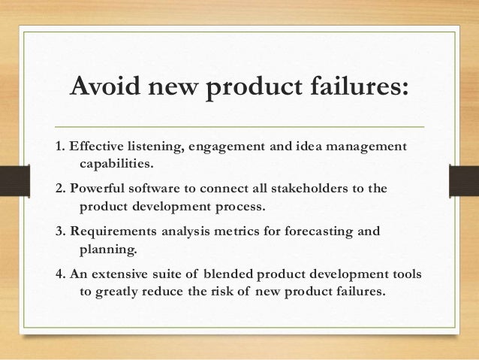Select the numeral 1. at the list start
(x=61, y=145)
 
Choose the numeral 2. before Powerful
(x=61, y=186)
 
